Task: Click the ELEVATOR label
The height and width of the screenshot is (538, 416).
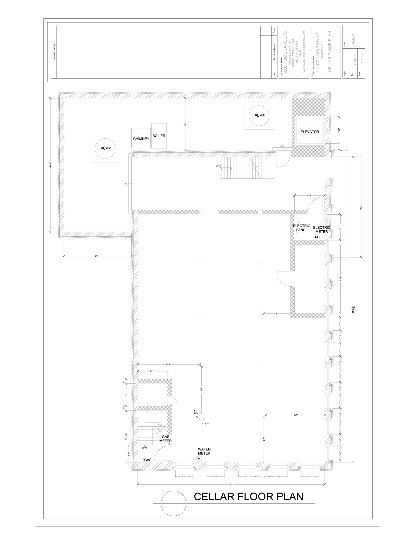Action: pos(310,132)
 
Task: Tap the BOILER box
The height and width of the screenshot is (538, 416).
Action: pos(159,136)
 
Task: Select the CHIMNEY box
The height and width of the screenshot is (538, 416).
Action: pos(141,138)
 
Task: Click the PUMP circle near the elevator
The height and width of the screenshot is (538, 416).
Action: pos(259,116)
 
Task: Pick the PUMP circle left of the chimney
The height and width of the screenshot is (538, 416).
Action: pos(106,148)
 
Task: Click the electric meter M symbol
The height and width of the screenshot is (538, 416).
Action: pos(316,237)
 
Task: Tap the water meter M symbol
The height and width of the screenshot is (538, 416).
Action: pos(199,459)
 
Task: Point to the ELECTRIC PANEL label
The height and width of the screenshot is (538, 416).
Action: pos(301,228)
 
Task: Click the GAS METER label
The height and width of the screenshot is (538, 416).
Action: pos(165,439)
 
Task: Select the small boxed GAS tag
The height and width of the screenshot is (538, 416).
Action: pos(148,460)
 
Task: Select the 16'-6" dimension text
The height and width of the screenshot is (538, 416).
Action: pos(168,364)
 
